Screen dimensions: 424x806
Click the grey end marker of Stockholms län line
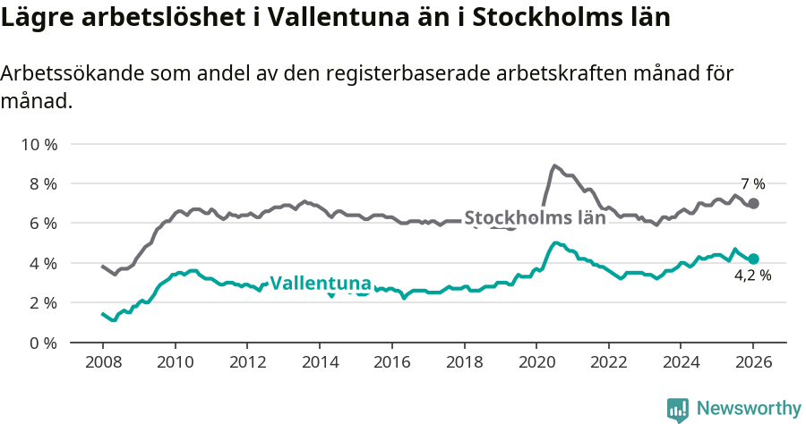[753, 203]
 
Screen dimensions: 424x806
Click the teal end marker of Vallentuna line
[753, 259]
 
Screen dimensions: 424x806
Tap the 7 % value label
[752, 184]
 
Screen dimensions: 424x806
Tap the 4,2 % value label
[752, 276]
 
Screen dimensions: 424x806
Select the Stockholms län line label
[535, 217]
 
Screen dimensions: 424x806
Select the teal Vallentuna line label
[321, 284]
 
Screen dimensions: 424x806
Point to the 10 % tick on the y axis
[39, 144]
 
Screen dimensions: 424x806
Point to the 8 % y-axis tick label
[43, 183]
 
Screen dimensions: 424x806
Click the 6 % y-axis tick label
[43, 223]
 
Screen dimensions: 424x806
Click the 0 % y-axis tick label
[43, 343]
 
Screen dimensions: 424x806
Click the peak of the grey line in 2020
[555, 165]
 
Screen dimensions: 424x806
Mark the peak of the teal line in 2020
[556, 242]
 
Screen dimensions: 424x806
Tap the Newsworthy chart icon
[678, 409]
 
